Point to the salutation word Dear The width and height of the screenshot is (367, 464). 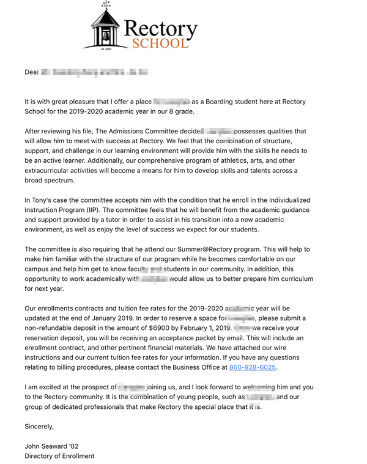(32, 72)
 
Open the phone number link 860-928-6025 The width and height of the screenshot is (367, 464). (253, 367)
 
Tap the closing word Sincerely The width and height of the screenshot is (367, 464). (39, 426)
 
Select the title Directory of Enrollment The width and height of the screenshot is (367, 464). (59, 456)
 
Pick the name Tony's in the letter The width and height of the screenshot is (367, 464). (44, 200)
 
